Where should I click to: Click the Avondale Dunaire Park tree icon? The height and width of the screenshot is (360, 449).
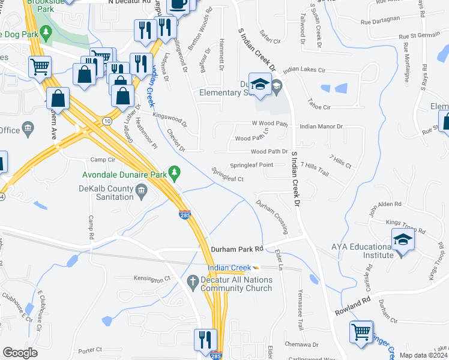[x=175, y=173]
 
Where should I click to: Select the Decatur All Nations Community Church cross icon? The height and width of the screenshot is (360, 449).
[x=193, y=280]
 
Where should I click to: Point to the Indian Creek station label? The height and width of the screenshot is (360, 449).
[x=230, y=268]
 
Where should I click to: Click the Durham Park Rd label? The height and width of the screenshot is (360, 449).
[x=237, y=249]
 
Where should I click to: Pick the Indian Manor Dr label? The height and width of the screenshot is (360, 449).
[x=321, y=127]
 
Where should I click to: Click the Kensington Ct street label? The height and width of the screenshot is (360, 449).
[x=151, y=280]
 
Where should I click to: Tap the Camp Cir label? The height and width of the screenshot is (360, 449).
[x=102, y=160]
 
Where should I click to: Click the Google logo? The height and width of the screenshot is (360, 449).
[x=20, y=353]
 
